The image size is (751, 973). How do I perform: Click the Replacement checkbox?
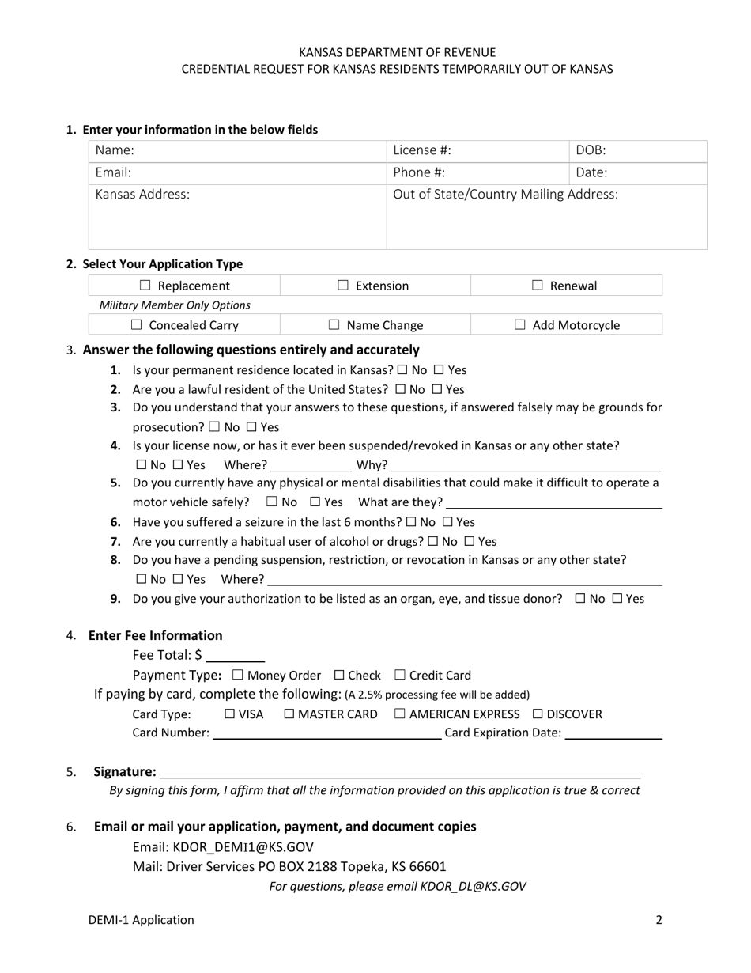point(145,286)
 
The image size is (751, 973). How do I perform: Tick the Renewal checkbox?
point(537,286)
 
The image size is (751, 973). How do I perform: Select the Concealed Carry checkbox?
point(136,325)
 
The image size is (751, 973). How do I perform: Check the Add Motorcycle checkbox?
point(520,325)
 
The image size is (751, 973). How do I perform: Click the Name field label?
point(115,150)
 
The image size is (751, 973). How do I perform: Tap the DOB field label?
point(591,150)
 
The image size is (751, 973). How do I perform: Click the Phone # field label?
point(419,172)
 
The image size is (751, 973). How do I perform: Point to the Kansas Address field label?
point(142,195)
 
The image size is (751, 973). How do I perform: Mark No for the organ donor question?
point(580,599)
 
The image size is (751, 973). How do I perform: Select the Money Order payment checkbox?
point(238,676)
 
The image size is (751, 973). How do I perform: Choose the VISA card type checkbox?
point(229,714)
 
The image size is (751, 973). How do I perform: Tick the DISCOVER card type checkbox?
point(538,714)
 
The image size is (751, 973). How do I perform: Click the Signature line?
point(399,772)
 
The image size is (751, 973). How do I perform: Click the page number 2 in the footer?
point(659,920)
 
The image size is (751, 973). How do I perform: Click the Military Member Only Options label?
point(175,305)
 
